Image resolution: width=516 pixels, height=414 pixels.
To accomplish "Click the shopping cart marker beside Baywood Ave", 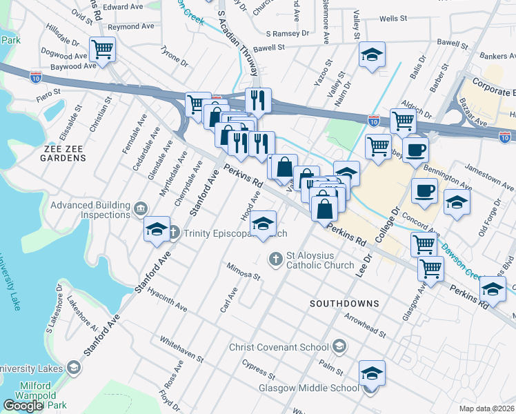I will tap(103, 49).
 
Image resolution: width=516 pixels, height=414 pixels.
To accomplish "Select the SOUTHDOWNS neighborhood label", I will tap(344, 304).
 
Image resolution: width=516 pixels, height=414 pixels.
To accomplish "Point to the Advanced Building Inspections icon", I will tap(141, 208).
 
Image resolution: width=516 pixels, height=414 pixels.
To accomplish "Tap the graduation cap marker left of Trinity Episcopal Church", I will tap(157, 229).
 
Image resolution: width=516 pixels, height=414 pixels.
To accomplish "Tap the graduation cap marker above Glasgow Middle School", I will tap(372, 373).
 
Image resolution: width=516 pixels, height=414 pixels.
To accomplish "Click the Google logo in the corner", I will tap(23, 405).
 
